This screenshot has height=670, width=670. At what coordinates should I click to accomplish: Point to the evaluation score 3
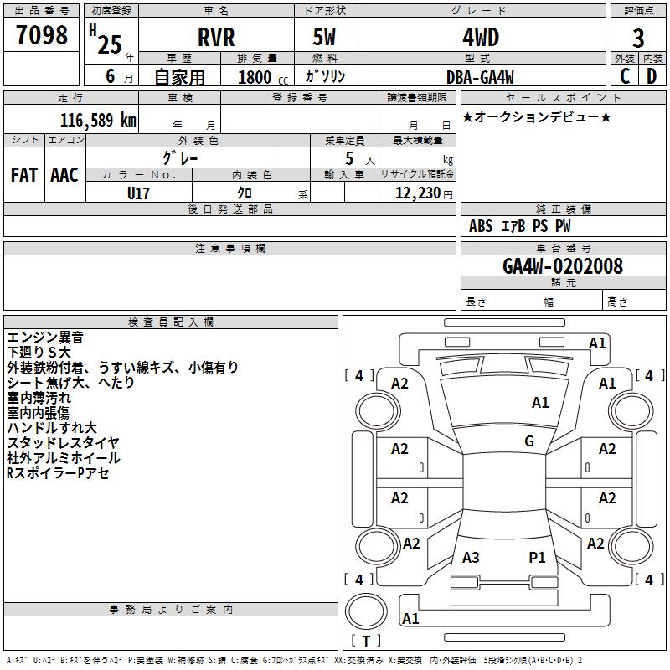(638, 39)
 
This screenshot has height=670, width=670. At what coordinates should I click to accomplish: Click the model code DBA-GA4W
(480, 77)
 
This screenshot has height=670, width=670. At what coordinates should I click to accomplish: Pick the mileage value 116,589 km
(98, 120)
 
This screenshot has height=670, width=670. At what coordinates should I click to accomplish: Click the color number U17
(139, 192)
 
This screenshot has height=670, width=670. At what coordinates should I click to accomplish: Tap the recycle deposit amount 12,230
(416, 193)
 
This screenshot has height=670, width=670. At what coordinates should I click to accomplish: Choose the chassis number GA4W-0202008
(563, 266)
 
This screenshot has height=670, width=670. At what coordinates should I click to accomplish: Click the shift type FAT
(24, 175)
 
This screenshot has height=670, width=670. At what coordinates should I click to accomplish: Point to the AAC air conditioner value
(64, 175)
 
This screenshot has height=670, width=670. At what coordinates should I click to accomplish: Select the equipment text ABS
(481, 226)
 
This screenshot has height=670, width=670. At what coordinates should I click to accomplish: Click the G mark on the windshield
(529, 441)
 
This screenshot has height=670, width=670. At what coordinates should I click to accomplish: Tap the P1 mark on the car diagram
(537, 557)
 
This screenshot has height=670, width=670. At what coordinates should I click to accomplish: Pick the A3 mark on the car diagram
(471, 557)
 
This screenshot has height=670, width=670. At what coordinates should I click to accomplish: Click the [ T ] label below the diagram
(366, 641)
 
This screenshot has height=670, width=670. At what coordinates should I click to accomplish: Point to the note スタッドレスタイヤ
(64, 443)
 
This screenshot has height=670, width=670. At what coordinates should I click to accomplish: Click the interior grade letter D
(651, 76)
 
